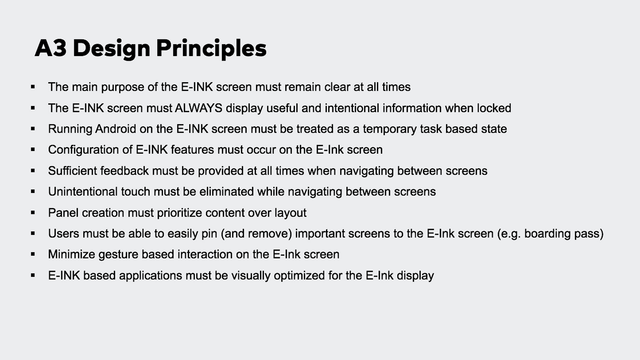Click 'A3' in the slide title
pos(51,48)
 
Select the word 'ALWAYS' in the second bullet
pos(198,108)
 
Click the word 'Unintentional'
pos(83,192)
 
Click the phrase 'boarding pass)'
pos(564,234)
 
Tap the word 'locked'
pos(494,108)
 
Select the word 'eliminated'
pos(227,192)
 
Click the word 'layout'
pos(290,213)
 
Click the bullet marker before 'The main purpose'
pos(33,87)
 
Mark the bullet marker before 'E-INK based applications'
pos(33,275)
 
